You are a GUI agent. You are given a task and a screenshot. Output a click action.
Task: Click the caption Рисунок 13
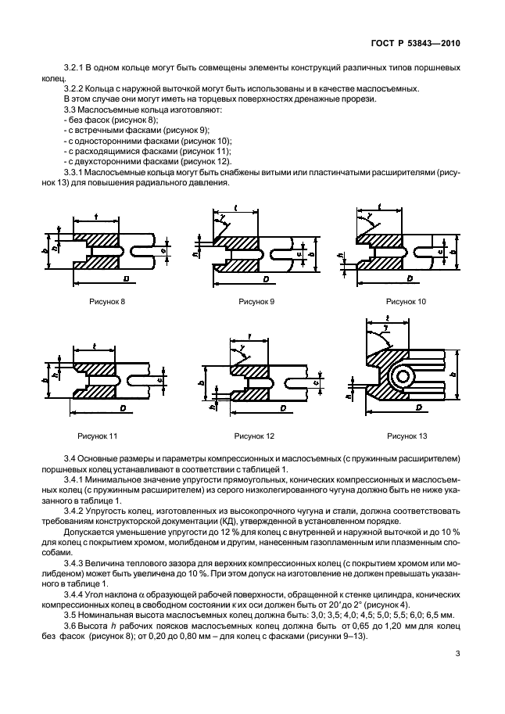coord(407,436)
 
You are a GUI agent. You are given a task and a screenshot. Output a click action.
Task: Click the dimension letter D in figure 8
coord(126,278)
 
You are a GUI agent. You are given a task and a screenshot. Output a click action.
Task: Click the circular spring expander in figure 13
coord(404,376)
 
